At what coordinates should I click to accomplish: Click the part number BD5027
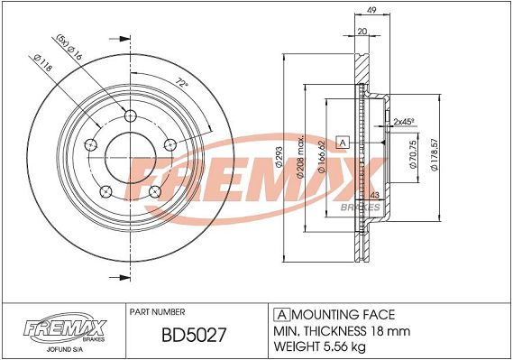pos(194,336)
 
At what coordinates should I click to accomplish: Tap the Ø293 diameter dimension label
pos(279,157)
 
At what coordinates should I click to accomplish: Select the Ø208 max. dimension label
pos(300,157)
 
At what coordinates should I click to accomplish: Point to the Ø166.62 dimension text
pos(321,157)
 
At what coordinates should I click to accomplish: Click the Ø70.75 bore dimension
pos(413,154)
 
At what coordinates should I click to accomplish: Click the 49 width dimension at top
pos(371,10)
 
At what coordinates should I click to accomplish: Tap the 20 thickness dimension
pos(362,32)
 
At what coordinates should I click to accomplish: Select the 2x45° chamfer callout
pos(404,122)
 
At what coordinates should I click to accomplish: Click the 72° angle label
pos(182,82)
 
